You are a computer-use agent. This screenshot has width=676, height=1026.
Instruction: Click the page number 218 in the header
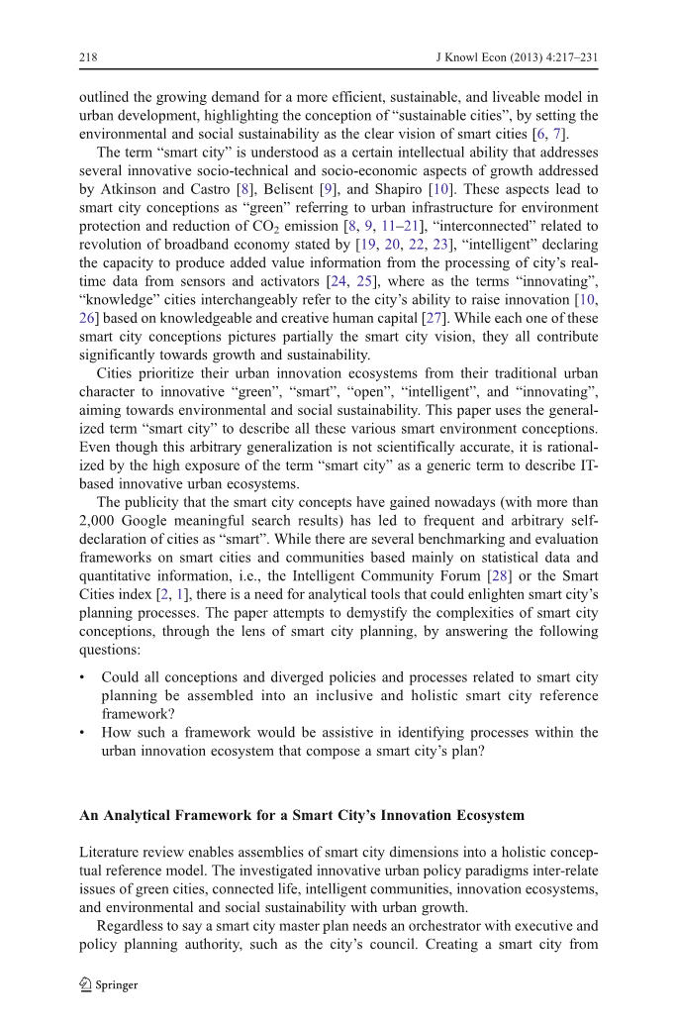pos(88,58)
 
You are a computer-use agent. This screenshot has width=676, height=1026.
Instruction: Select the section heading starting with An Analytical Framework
pos(301,815)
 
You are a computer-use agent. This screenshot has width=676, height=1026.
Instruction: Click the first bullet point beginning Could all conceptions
pos(349,677)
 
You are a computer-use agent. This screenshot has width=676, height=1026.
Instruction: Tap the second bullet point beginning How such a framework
pos(349,733)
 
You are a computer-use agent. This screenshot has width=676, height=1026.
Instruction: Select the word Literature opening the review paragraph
pos(112,852)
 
